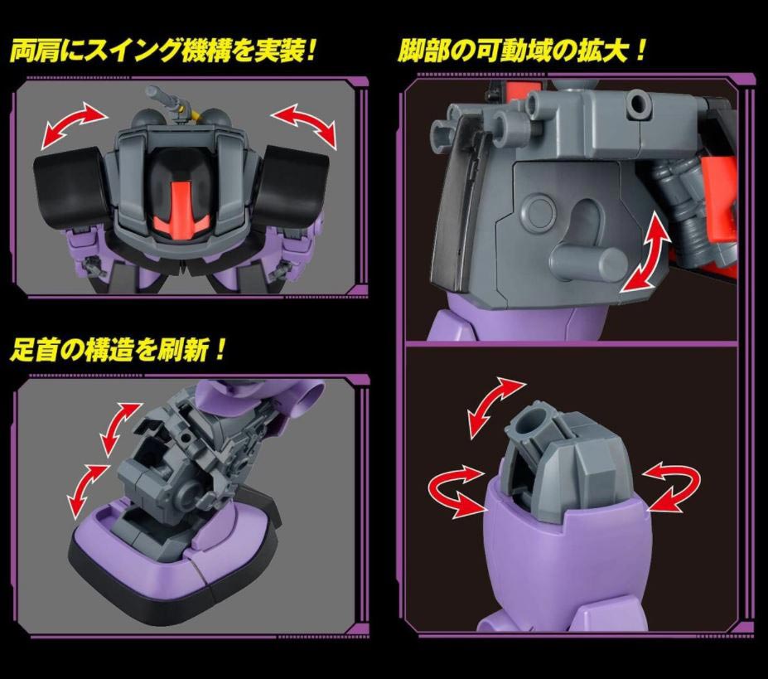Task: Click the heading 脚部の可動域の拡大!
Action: (x=522, y=51)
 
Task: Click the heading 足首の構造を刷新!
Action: (x=118, y=350)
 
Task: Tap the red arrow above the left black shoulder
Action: (x=74, y=125)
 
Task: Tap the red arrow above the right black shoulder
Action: (x=305, y=125)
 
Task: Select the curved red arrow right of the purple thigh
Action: (x=673, y=485)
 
